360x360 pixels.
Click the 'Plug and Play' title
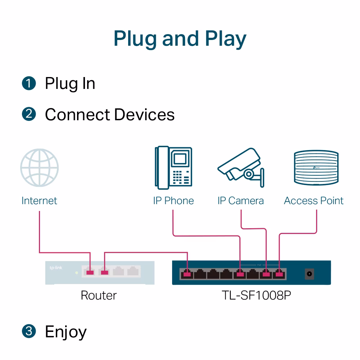point(180,39)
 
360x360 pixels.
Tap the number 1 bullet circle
point(29,83)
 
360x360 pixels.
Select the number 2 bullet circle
point(29,114)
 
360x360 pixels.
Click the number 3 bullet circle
point(29,331)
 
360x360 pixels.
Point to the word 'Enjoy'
point(66,332)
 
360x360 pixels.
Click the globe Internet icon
point(39,168)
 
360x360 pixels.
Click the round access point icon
point(316,168)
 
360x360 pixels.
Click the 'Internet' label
point(39,201)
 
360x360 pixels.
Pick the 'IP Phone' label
point(174,201)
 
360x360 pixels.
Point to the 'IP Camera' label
point(240,201)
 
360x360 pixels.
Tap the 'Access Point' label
point(314,201)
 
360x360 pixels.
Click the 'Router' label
point(99,295)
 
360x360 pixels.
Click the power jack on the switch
point(309,274)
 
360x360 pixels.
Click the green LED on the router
point(76,273)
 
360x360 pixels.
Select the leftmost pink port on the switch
point(186,275)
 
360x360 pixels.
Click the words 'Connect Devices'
point(110,114)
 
